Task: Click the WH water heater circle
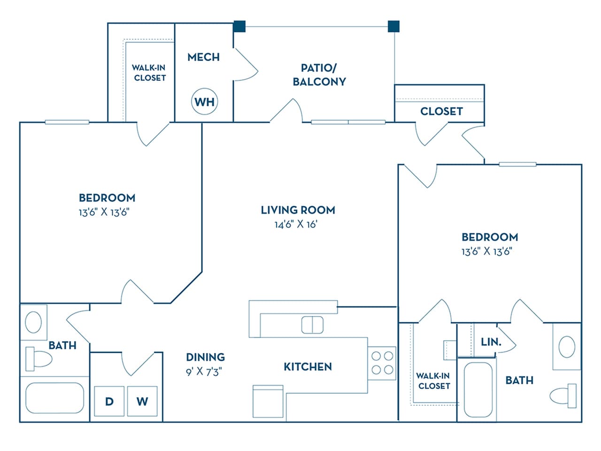coord(205,101)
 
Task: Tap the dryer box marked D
coord(109,401)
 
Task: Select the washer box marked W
coord(142,401)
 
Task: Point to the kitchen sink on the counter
coord(312,325)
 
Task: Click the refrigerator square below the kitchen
coord(268,402)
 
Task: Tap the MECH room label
coord(203,57)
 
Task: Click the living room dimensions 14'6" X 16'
coord(296,225)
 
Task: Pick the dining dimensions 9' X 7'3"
coord(204,372)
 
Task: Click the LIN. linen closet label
coord(491,342)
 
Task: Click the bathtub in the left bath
coord(54,398)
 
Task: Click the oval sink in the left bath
coord(33,322)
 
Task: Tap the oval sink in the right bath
coord(567,347)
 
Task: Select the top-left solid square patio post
coord(239,26)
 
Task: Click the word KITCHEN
coord(308,366)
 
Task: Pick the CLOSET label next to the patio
coord(441,111)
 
